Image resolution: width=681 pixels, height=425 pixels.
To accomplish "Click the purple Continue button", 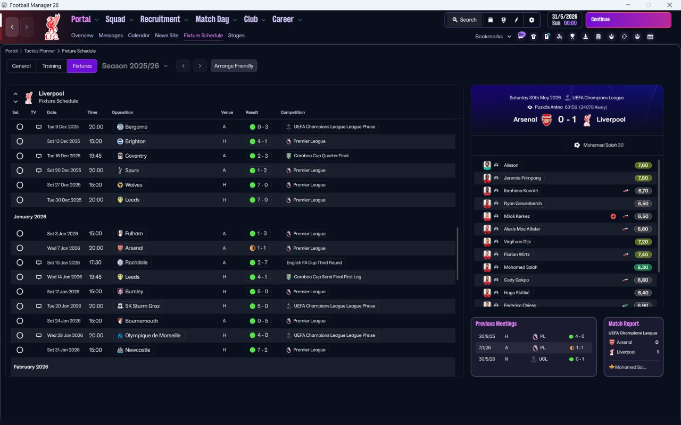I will pos(628,20).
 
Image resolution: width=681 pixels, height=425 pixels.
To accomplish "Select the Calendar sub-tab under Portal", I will pos(139,36).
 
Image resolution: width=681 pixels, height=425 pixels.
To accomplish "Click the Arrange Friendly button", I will pos(234,66).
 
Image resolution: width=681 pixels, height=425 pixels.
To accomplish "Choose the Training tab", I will pos(52,66).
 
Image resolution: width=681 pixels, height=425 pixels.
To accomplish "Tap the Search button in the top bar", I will pos(464,20).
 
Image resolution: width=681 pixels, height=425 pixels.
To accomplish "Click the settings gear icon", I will pos(531,20).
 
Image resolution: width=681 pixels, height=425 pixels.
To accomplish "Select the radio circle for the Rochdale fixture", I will pos(20,262).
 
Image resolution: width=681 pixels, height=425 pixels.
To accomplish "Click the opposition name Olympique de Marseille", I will pos(152,335).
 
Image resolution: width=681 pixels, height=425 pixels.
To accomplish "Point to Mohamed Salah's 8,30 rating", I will pos(643,267).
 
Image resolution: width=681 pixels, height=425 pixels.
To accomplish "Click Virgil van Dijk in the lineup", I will pos(517,242).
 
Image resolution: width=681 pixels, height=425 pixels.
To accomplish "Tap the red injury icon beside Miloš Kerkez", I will pos(613,216).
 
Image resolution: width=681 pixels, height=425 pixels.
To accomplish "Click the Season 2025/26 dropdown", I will pos(135,66).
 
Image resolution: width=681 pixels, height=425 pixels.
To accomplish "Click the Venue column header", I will pos(227,113).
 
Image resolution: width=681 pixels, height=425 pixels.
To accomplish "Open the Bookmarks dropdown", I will pos(493,36).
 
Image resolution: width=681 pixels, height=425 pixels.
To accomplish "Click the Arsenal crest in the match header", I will pos(546,120).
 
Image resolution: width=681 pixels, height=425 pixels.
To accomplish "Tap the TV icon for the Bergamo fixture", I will pos(38,127).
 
